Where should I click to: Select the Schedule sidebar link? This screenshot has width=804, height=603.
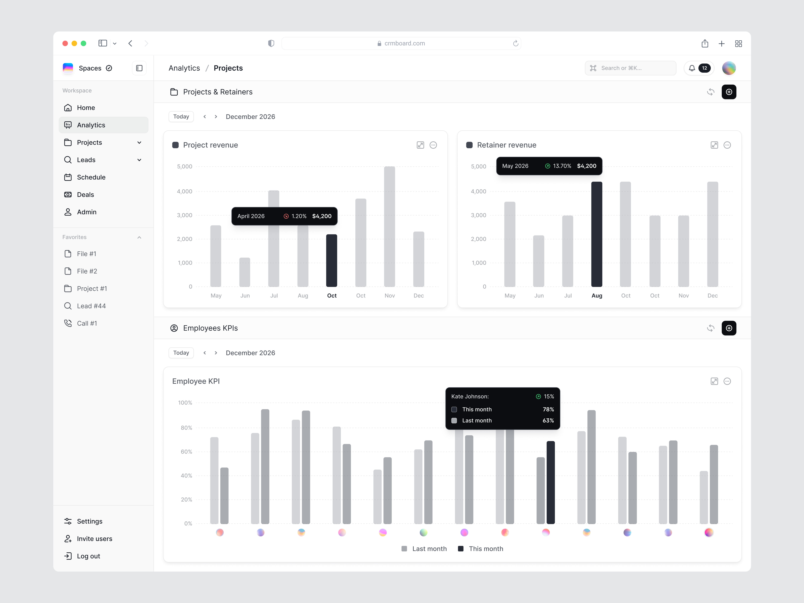click(x=91, y=177)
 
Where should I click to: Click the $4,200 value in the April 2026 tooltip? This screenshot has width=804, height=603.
click(x=322, y=216)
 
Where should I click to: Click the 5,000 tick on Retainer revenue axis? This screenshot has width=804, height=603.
click(x=478, y=166)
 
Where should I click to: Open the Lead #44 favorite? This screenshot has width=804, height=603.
click(x=91, y=306)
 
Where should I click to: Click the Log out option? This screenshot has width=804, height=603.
click(x=88, y=556)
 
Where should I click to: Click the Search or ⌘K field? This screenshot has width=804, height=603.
click(x=630, y=68)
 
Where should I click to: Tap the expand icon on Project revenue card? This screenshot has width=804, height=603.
click(x=420, y=145)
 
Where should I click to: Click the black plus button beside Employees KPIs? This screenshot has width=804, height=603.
click(x=729, y=328)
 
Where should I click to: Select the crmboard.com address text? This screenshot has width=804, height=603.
click(x=405, y=43)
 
